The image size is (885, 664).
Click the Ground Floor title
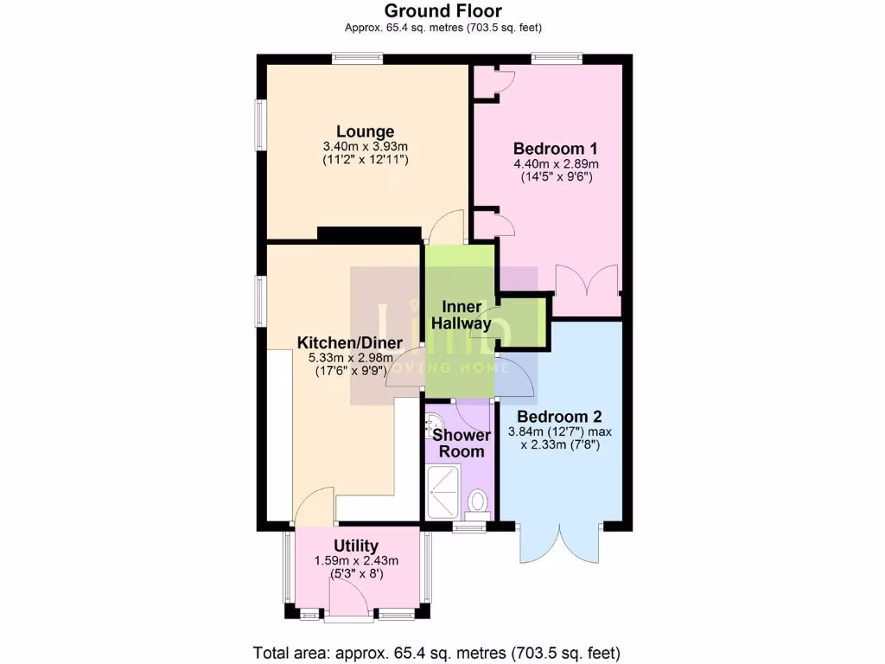point(442,10)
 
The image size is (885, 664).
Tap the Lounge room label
point(365,131)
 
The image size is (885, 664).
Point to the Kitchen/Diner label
point(345,342)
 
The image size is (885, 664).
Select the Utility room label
point(356,546)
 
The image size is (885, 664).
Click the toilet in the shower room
point(477,502)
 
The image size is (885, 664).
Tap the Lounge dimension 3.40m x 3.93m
point(365,147)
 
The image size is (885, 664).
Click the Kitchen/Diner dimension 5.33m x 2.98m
point(345,358)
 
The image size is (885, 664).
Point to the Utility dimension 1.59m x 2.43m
point(356,560)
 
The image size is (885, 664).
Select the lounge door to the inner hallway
point(446,229)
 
